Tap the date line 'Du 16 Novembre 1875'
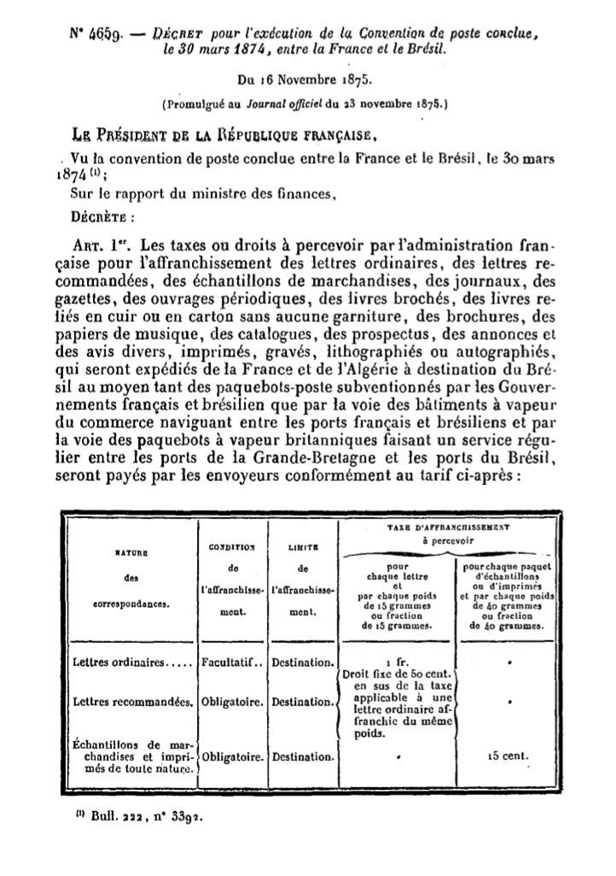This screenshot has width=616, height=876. (309, 83)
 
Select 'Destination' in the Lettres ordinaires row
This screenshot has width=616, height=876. (302, 662)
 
